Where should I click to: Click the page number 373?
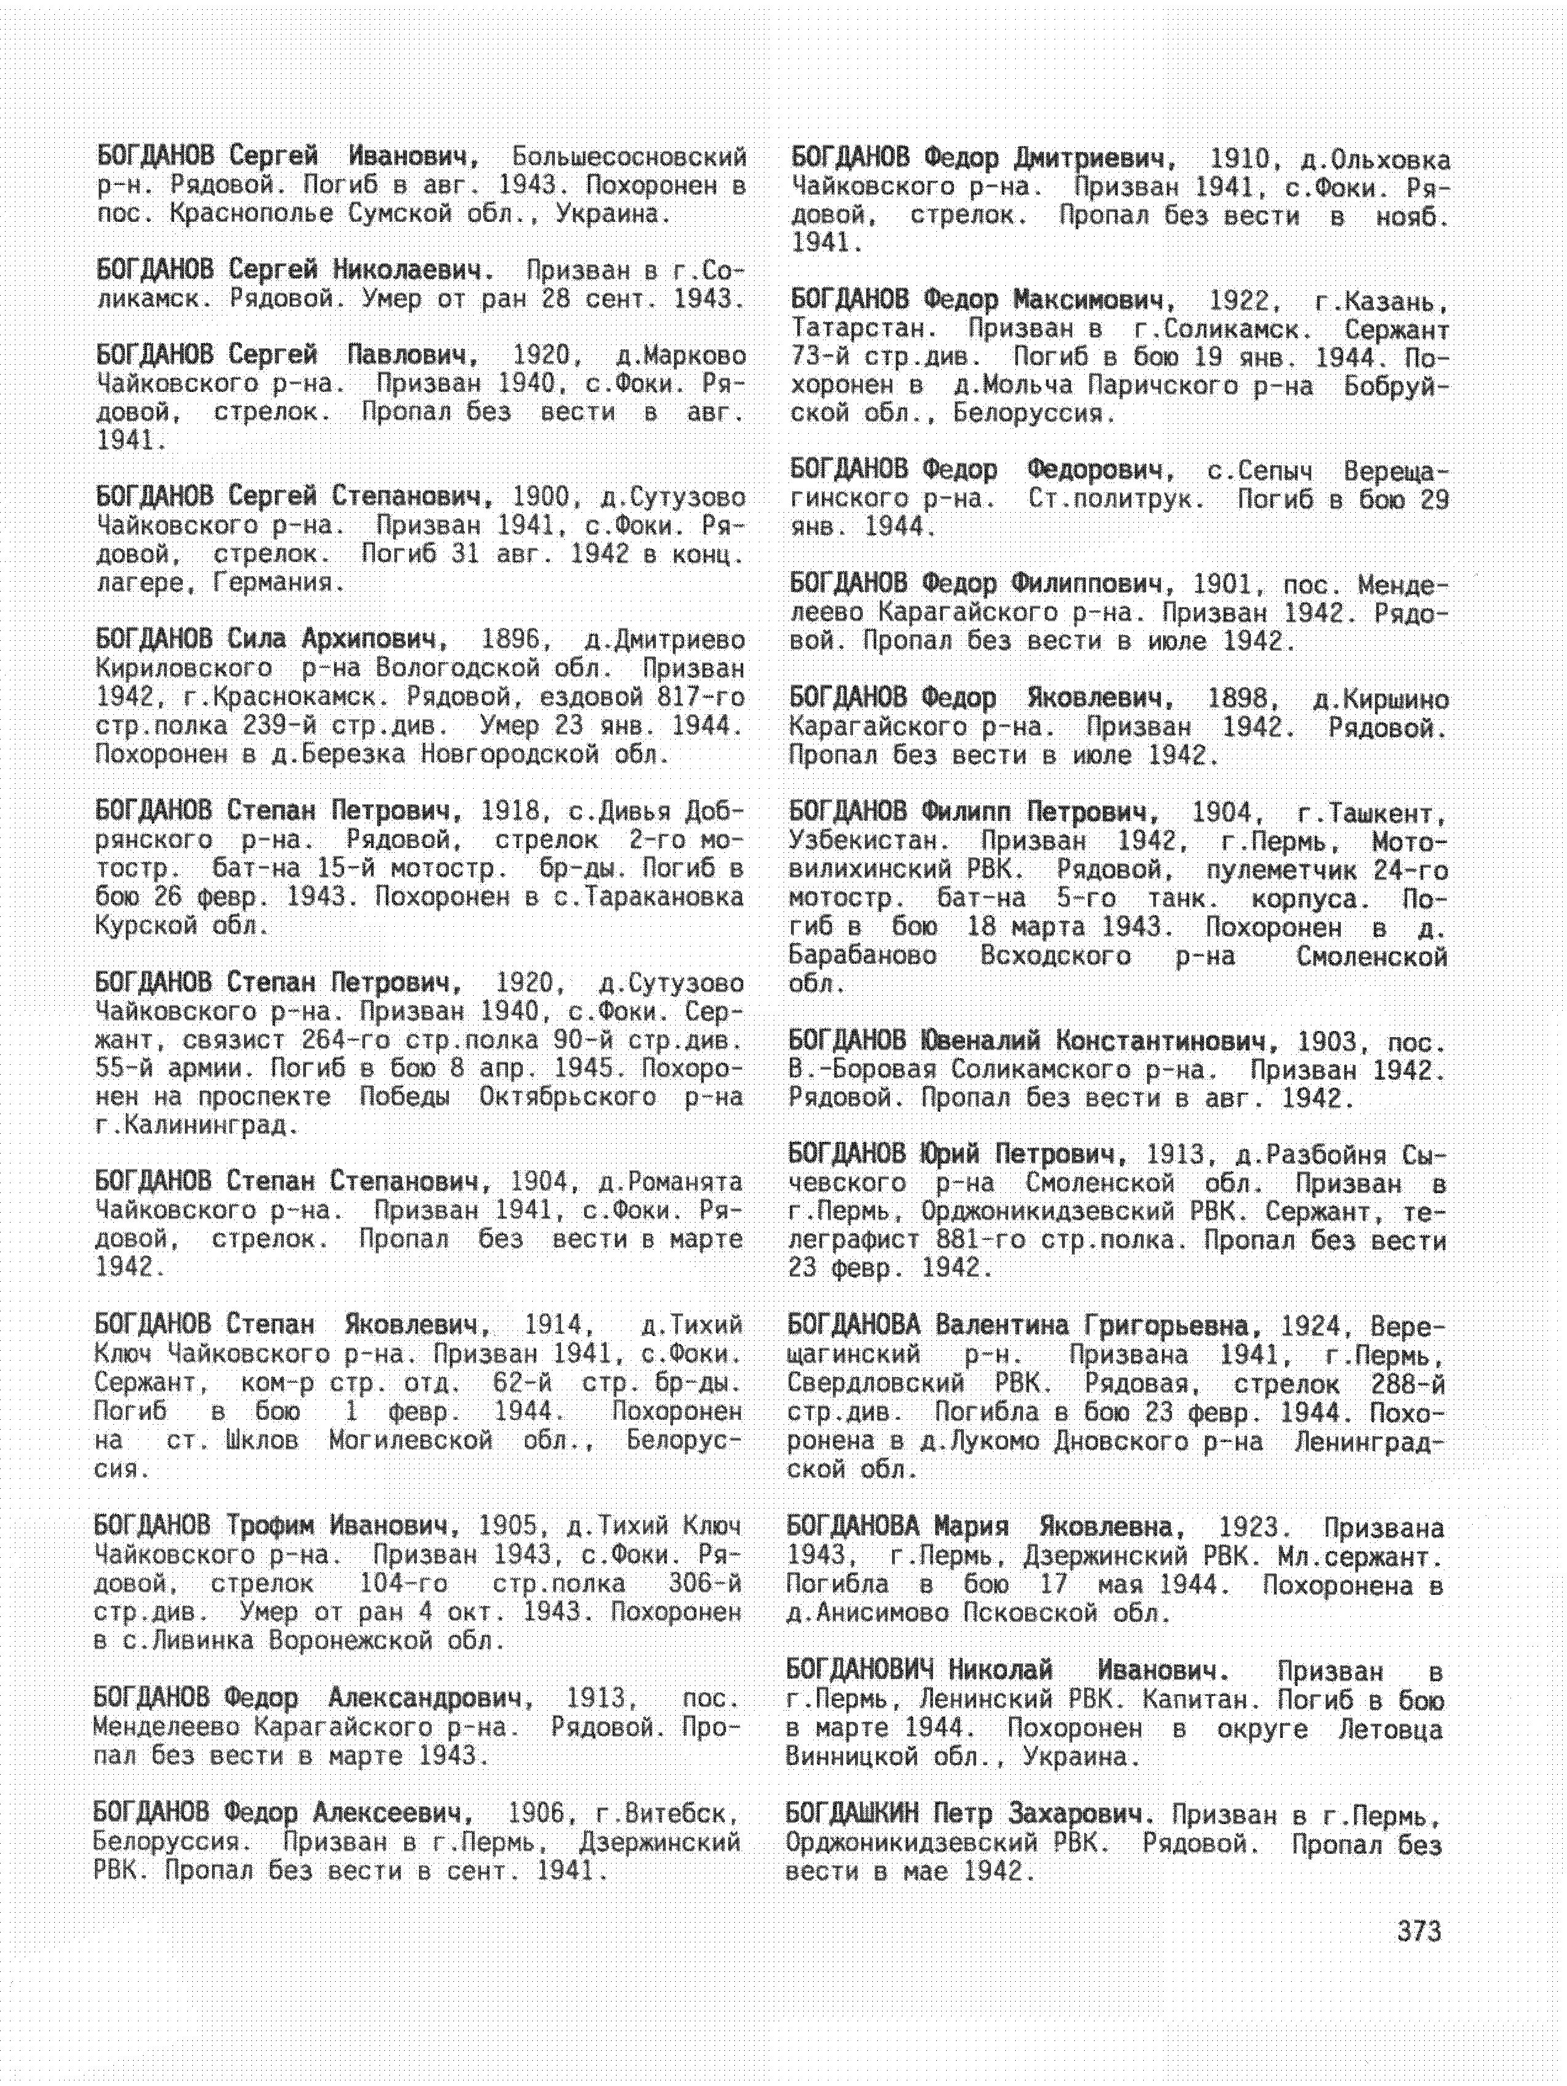(x=1419, y=1931)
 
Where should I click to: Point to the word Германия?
(x=277, y=583)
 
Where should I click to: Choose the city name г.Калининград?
(x=196, y=1125)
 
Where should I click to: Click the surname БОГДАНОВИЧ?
(x=861, y=1670)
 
